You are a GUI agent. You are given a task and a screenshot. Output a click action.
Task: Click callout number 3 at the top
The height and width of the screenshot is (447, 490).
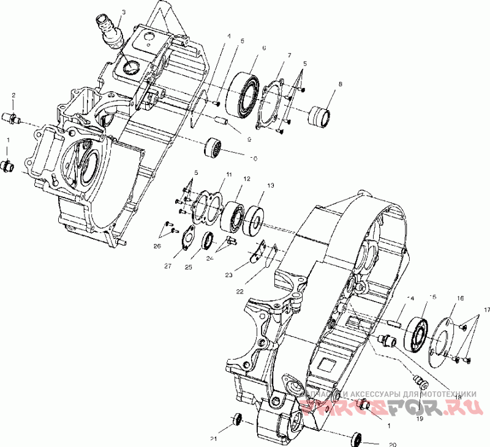coord(124,12)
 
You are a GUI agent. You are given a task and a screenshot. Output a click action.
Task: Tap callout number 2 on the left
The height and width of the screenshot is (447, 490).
coord(13,95)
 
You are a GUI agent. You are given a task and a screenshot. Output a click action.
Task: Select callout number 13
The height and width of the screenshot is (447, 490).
coord(270,185)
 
